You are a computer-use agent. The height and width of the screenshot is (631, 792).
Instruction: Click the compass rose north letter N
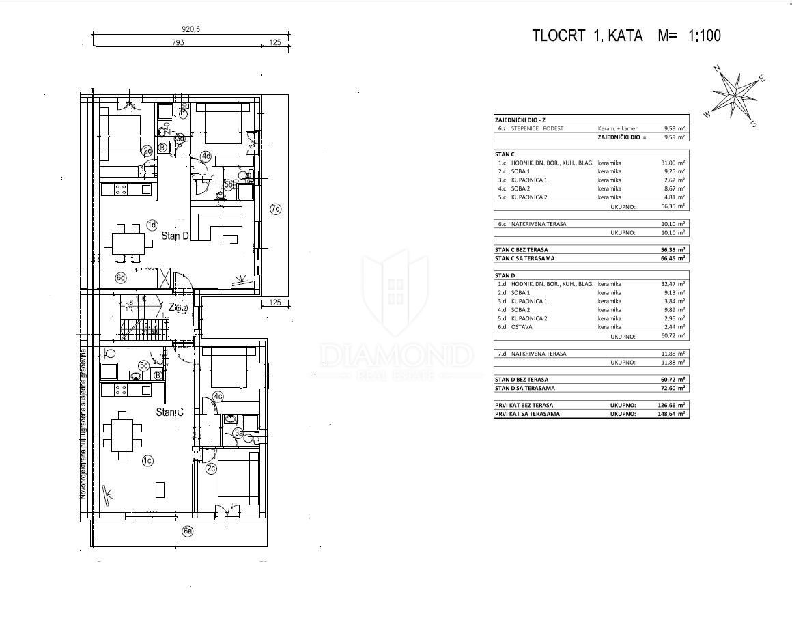coord(718,68)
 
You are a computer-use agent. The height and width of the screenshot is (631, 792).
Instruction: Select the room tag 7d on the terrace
coord(275,209)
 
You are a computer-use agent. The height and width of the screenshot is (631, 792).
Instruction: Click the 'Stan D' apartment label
coord(175,236)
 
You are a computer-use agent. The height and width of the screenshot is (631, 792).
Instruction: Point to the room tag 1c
coord(147,461)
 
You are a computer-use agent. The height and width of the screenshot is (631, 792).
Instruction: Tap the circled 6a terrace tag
coord(187,531)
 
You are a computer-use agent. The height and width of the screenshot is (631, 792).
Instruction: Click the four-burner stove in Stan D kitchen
coord(121,188)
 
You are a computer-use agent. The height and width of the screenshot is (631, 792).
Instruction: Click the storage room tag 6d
coord(121,277)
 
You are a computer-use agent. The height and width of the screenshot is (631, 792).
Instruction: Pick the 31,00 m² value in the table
coord(673,163)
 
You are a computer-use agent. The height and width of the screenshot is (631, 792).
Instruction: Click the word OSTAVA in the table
coord(522,327)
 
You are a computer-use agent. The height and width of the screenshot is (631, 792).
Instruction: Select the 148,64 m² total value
coord(673,414)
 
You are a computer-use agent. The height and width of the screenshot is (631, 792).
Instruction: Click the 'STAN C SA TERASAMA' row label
coord(525,258)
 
